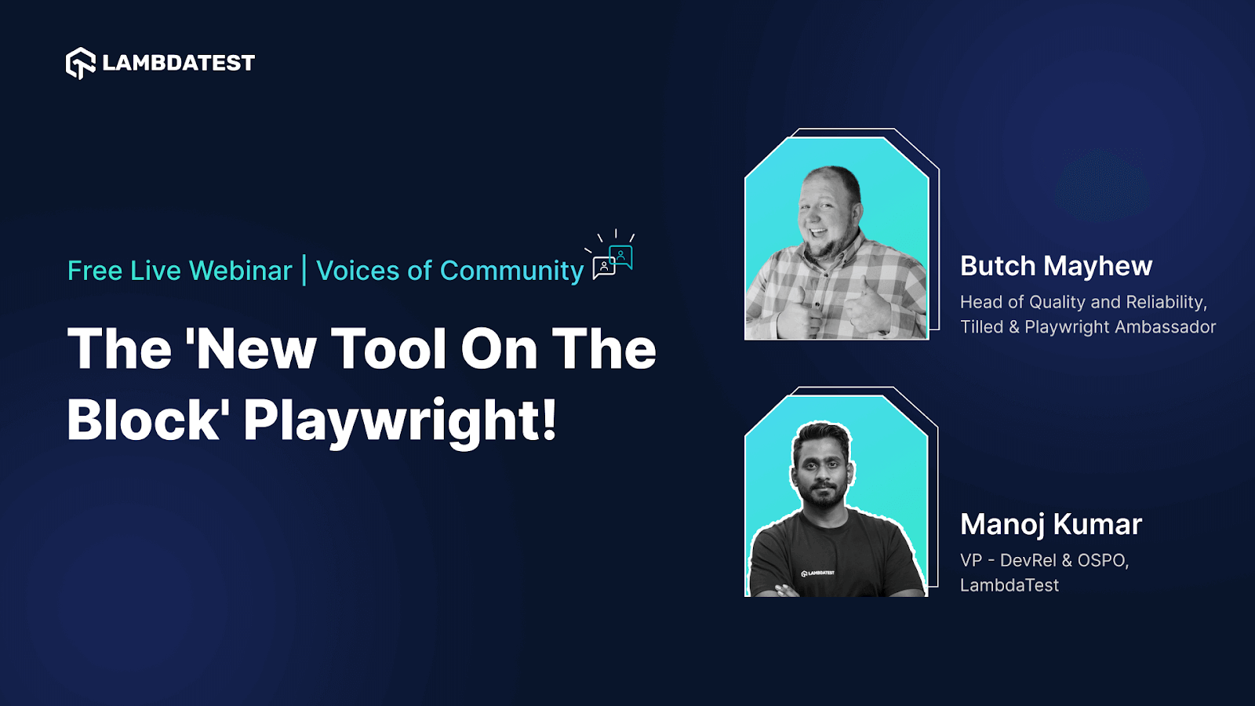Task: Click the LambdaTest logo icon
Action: pyautogui.click(x=80, y=63)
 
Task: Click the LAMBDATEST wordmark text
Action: pyautogui.click(x=179, y=63)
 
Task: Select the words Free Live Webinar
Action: pyautogui.click(x=180, y=271)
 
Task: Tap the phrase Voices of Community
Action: pyautogui.click(x=449, y=271)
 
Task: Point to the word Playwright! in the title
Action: pyautogui.click(x=400, y=420)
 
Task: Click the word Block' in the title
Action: pyautogui.click(x=148, y=420)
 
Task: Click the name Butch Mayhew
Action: pyautogui.click(x=1056, y=266)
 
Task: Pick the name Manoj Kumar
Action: pyautogui.click(x=1050, y=524)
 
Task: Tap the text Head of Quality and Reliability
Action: pyautogui.click(x=1083, y=302)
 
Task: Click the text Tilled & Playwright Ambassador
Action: pyautogui.click(x=1088, y=327)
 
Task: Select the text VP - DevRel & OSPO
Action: pyautogui.click(x=1044, y=560)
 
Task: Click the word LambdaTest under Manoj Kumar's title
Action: pyautogui.click(x=1009, y=585)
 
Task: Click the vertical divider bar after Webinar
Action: pyautogui.click(x=304, y=271)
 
